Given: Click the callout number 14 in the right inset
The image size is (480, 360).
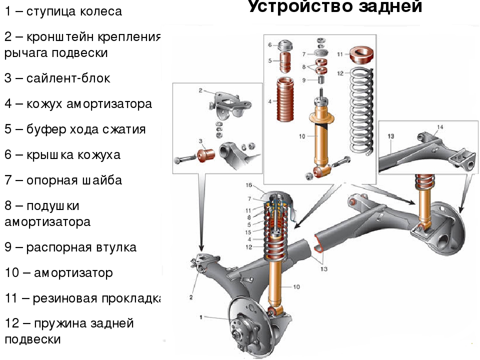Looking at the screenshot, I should coord(439,127).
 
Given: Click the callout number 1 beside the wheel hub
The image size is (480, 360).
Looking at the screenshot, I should coord(201,316).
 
